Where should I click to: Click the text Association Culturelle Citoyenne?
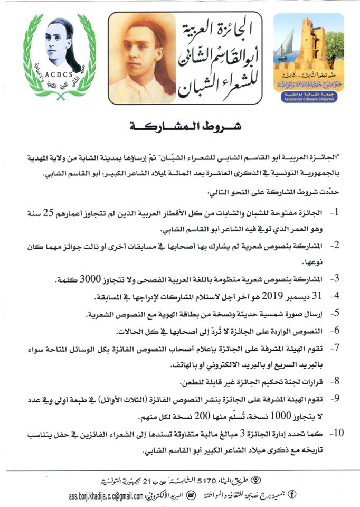click(x=308, y=97)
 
